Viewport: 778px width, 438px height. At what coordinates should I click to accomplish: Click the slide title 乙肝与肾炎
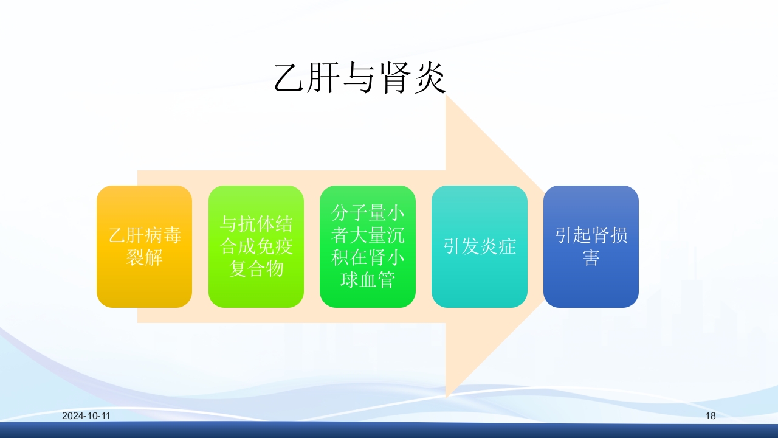click(360, 78)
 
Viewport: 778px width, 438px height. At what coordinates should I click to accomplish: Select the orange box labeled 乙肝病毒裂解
click(144, 246)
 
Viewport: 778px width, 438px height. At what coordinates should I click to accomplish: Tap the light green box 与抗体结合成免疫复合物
click(256, 246)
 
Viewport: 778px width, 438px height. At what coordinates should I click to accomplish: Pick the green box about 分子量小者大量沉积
click(368, 246)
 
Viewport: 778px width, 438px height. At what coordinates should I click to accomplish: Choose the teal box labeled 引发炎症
click(480, 246)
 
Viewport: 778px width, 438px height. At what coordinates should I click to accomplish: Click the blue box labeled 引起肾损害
click(591, 246)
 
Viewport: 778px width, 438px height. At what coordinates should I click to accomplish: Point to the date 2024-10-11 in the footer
click(86, 416)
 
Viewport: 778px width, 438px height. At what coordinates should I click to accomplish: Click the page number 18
click(711, 416)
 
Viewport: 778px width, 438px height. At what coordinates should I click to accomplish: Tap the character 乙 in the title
click(290, 78)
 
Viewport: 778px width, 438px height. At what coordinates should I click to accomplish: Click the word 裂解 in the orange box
click(144, 257)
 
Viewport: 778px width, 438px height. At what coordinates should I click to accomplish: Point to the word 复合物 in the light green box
click(256, 269)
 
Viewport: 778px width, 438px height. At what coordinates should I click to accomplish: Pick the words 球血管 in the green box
click(368, 280)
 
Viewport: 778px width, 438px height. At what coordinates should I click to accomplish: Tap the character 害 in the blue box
click(591, 258)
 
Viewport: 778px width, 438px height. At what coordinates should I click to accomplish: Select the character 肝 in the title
click(325, 78)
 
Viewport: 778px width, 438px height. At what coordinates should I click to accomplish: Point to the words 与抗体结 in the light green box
click(256, 224)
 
